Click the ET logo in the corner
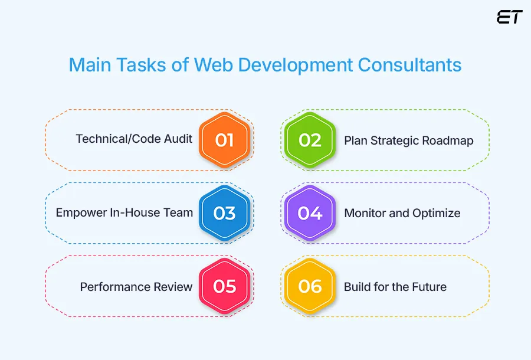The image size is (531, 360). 509,17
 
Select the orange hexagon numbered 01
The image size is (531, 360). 225,140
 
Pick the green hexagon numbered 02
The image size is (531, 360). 310,140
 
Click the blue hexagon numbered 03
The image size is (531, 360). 225,213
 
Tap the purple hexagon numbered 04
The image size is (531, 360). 310,213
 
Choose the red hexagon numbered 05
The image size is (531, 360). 225,286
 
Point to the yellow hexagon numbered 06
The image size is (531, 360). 310,286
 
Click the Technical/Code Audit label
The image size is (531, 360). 134,139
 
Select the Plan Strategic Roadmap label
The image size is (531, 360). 408,140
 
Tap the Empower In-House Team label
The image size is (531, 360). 124,213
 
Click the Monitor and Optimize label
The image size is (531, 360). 402,213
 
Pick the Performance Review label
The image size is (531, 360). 136,287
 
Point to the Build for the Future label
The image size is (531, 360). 395,287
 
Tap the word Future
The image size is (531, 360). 429,287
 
